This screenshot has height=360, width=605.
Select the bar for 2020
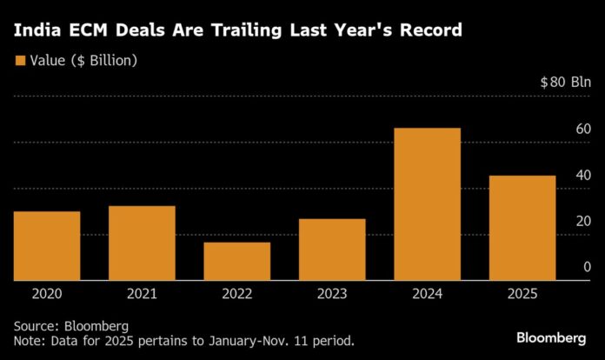tap(47, 246)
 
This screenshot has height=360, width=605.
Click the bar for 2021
tap(142, 243)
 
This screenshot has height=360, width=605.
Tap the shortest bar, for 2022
tap(236, 261)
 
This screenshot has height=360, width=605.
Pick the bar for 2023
tap(332, 250)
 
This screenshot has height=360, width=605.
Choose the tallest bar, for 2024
tap(427, 204)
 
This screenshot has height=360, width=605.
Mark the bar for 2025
tap(522, 228)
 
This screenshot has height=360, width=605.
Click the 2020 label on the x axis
tap(47, 295)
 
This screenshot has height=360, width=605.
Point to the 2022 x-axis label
tap(236, 295)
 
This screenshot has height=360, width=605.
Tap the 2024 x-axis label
tap(427, 295)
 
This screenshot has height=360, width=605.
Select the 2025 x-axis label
tap(522, 295)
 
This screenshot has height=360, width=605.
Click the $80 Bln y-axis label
tap(565, 83)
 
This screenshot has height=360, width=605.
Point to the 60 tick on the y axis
tap(583, 130)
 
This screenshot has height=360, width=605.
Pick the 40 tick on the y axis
tap(583, 175)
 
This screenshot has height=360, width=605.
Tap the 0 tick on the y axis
tap(588, 267)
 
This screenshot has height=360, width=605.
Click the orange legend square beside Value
tap(19, 61)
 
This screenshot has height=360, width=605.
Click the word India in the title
tap(36, 32)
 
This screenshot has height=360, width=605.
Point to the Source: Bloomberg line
tap(70, 324)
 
